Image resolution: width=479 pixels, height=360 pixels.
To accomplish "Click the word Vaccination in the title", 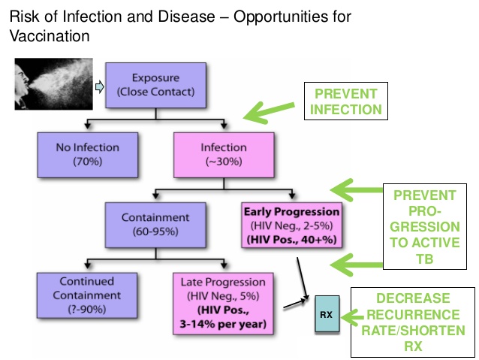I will pyautogui.click(x=47, y=35).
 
